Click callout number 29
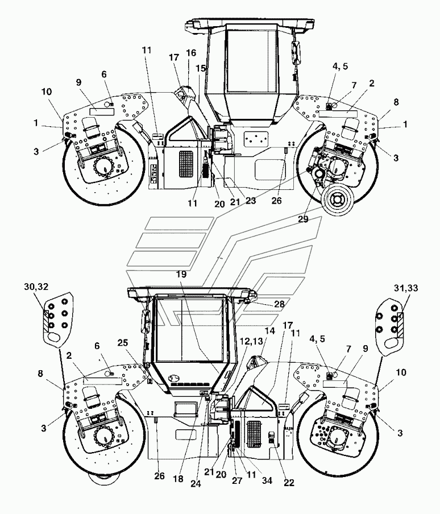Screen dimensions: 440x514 [303, 219]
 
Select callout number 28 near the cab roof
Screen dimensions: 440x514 [280, 304]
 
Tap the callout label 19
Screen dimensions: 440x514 [181, 273]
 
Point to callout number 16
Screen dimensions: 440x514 [191, 53]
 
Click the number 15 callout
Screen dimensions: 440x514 [201, 68]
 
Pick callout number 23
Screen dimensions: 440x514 [250, 200]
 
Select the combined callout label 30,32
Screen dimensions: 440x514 [36, 287]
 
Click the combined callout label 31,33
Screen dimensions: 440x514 [406, 288]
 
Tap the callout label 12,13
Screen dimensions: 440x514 [251, 341]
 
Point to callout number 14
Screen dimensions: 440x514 [269, 331]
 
